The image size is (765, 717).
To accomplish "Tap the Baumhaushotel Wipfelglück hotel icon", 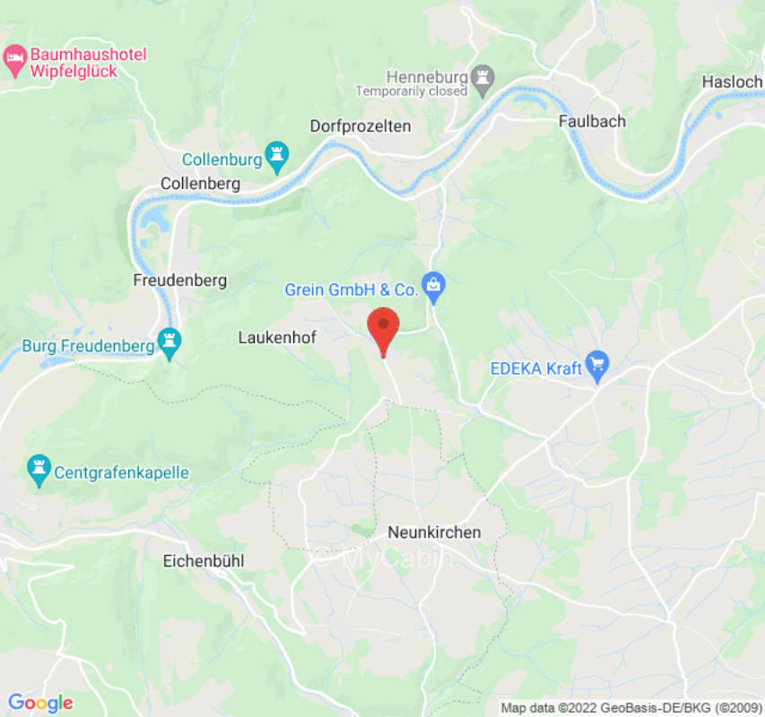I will [14, 61].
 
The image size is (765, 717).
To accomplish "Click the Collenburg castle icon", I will [276, 159].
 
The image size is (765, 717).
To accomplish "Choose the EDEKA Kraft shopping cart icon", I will [597, 366].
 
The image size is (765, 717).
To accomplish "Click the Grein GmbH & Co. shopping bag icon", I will [434, 287].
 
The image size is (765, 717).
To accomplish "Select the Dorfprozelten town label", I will [361, 126].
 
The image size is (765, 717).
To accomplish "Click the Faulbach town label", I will [592, 121].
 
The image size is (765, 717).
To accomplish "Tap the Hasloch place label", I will [732, 82].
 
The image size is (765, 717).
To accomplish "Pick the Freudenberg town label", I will [179, 280].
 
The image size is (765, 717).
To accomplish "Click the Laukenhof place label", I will [277, 337].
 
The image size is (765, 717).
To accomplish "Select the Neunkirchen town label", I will [434, 532].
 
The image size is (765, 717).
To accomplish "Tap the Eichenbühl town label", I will [204, 561].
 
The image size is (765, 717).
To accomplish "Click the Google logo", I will [39, 703].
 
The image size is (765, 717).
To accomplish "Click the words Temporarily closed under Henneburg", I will [412, 91].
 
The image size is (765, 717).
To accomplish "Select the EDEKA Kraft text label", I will [535, 368].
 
